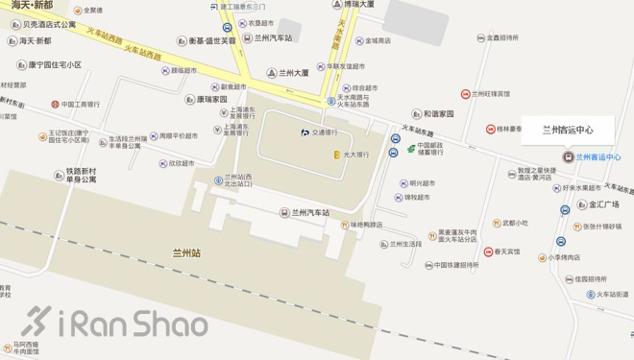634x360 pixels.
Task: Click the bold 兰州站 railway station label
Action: (186, 253)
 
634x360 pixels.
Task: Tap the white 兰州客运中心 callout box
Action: (568, 131)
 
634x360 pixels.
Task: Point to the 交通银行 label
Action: (323, 132)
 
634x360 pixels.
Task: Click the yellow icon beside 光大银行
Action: (336, 154)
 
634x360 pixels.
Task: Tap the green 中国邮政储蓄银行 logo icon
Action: (409, 148)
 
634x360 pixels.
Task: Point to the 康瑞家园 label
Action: (212, 99)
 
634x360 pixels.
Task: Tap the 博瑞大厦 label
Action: (370, 5)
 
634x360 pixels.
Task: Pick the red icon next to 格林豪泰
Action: (490, 129)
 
